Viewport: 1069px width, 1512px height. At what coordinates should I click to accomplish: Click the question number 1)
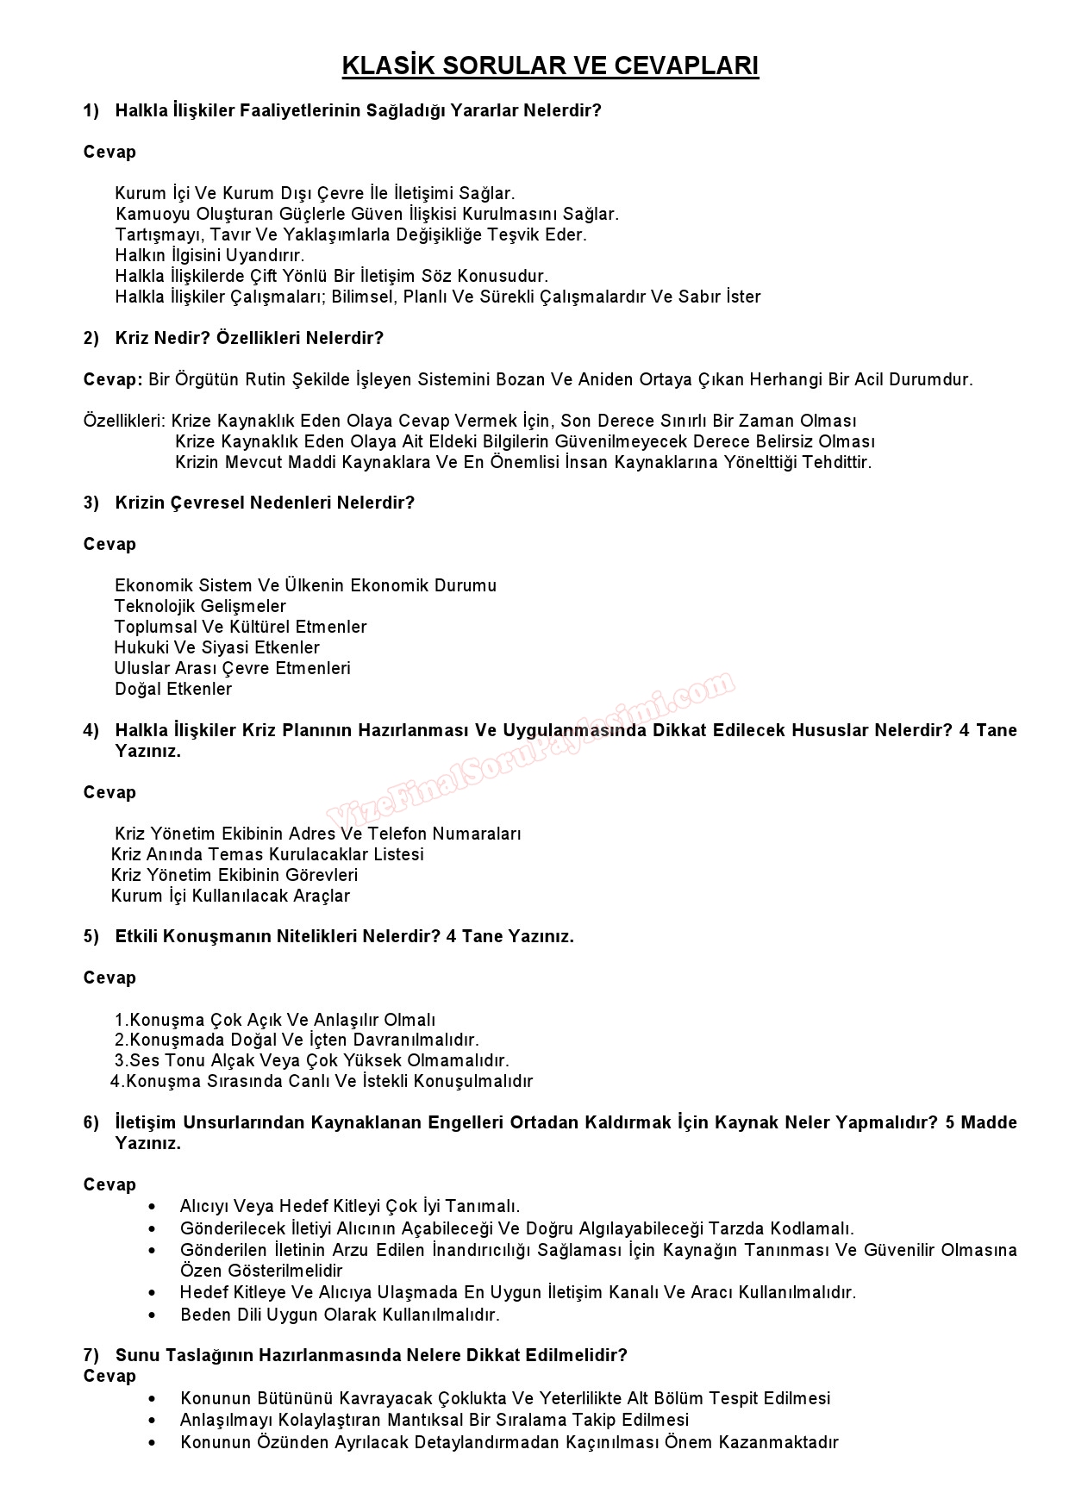coord(91,110)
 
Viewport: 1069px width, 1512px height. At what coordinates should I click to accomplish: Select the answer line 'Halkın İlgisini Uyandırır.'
coord(209,255)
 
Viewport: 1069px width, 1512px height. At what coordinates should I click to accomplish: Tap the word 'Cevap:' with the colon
coord(113,379)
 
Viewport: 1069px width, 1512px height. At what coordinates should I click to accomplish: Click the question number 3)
coord(91,503)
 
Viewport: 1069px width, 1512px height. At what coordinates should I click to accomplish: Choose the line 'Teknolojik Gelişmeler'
coord(200,606)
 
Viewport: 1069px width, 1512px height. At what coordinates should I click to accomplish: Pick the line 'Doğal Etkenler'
coord(173,689)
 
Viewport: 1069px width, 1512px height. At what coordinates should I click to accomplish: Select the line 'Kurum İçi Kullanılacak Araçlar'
coord(231,896)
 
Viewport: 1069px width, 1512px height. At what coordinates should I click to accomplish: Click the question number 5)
coord(91,936)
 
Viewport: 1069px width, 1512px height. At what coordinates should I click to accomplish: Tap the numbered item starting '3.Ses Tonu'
coord(312,1060)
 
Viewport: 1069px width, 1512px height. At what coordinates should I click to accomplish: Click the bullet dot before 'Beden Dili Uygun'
coord(153,1315)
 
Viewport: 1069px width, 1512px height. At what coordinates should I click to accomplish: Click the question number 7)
coord(91,1355)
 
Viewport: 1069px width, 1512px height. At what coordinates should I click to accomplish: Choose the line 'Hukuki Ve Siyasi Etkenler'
coord(217,647)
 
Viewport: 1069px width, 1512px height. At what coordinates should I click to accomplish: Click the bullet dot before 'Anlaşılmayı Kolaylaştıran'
coord(153,1420)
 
